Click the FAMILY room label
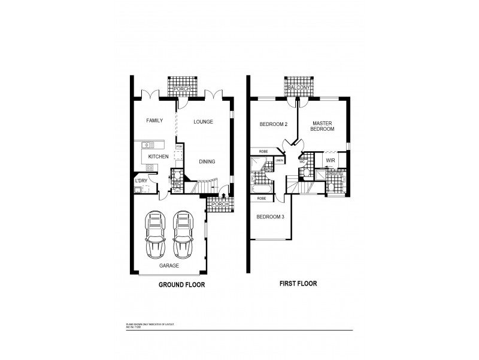click(155, 121)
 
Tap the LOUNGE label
click(204, 122)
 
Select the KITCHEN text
click(158, 157)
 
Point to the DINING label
click(207, 161)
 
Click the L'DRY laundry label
click(141, 181)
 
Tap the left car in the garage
click(156, 233)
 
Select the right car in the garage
click(183, 233)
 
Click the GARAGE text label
click(169, 265)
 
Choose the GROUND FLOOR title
click(181, 285)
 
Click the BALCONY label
click(298, 88)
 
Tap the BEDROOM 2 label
click(274, 124)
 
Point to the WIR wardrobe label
click(331, 161)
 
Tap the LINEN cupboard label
click(280, 161)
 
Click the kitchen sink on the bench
click(148, 144)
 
